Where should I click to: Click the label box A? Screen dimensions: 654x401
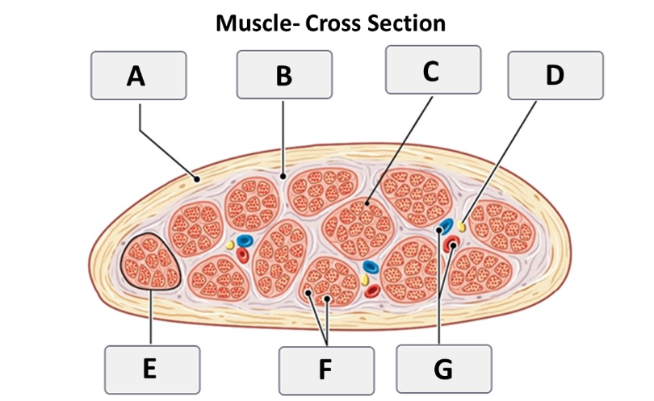pyautogui.click(x=139, y=76)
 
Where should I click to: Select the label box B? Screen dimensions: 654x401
pyautogui.click(x=284, y=74)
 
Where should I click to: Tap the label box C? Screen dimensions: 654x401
pyautogui.click(x=433, y=69)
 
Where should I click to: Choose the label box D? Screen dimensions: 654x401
pyautogui.click(x=555, y=76)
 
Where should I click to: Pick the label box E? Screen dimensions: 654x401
pyautogui.click(x=153, y=370)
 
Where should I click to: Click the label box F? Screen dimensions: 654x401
pyautogui.click(x=326, y=370)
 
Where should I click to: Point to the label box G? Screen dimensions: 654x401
pyautogui.click(x=444, y=369)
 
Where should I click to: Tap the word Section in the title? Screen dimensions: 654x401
pyautogui.click(x=407, y=23)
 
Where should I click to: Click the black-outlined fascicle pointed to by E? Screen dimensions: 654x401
pyautogui.click(x=150, y=261)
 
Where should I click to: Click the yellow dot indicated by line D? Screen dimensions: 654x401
pyautogui.click(x=461, y=226)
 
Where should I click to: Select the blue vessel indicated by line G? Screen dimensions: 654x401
pyautogui.click(x=446, y=225)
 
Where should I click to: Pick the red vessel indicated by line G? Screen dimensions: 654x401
pyautogui.click(x=451, y=244)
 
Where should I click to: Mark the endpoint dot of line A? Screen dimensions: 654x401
pyautogui.click(x=196, y=180)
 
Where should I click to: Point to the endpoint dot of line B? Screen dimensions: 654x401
pyautogui.click(x=283, y=177)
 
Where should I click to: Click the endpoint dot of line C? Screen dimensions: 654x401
pyautogui.click(x=367, y=204)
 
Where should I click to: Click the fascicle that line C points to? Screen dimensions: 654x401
pyautogui.click(x=359, y=228)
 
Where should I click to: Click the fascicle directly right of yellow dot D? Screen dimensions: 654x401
pyautogui.click(x=502, y=227)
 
